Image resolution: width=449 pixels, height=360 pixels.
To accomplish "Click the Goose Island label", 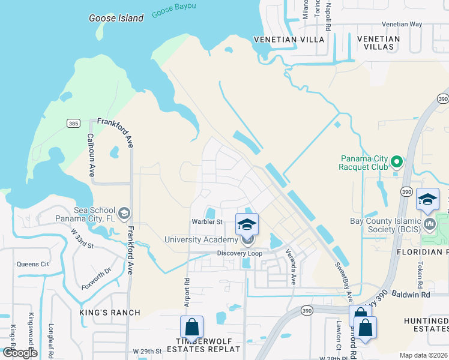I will (x=116, y=18).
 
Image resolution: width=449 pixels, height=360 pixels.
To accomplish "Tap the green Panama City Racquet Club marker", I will (x=396, y=162).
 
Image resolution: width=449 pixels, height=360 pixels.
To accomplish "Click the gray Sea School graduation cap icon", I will (x=124, y=213).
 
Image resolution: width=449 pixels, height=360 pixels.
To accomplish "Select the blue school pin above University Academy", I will (x=247, y=224).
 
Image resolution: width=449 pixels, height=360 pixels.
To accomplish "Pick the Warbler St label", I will (x=206, y=221).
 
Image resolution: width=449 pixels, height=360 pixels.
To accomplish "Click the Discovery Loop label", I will (x=240, y=253).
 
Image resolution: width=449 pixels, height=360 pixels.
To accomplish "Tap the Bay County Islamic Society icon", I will (x=429, y=224).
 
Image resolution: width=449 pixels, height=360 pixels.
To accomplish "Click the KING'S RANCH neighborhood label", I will (x=110, y=313).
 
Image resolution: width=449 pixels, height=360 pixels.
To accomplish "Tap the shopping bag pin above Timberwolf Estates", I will (x=191, y=327).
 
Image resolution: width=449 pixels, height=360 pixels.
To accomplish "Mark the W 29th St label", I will (x=148, y=350).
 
